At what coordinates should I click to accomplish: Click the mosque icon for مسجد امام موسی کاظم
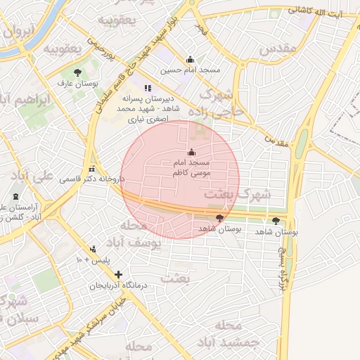tap(191, 152)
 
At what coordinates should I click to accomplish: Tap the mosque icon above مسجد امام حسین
tap(190, 60)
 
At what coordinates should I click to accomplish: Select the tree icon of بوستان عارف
tap(77, 72)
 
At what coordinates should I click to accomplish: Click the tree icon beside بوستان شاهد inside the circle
tap(220, 218)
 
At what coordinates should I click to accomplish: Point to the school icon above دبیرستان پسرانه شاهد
tap(147, 88)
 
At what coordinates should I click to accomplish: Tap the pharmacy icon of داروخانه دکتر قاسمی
tap(92, 169)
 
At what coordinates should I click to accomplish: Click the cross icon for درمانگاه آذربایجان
tap(118, 274)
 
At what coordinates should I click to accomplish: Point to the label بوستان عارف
tap(81, 84)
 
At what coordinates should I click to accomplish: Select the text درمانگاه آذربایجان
tap(118, 286)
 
